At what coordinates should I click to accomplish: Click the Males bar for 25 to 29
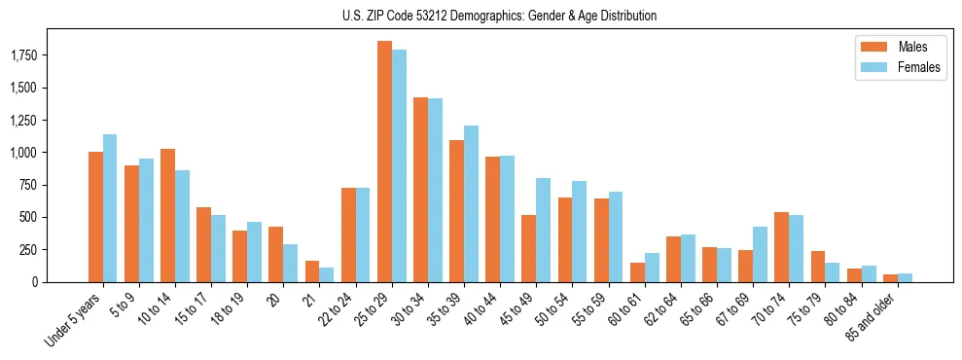tap(384, 162)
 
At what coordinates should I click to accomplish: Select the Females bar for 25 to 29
tap(399, 165)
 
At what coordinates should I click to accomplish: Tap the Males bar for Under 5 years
tap(95, 217)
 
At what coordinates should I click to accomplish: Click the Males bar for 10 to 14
tap(167, 215)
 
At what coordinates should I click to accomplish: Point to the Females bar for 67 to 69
tap(760, 254)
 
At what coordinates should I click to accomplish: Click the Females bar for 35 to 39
tap(471, 203)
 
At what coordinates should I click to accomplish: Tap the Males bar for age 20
tap(275, 254)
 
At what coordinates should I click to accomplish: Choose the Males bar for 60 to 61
tap(637, 272)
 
